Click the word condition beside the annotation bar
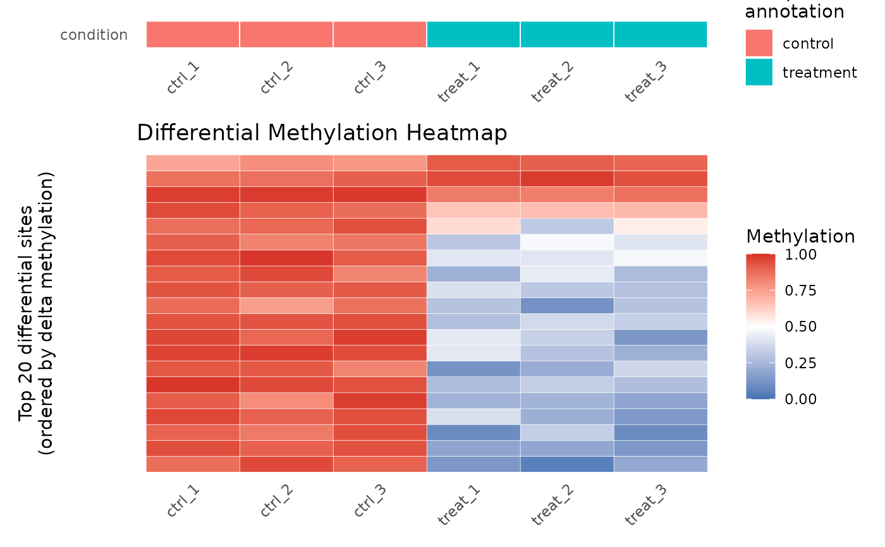(94, 35)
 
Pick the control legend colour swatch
(759, 43)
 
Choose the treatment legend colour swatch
(759, 72)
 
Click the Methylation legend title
(800, 236)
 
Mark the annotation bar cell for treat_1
(473, 34)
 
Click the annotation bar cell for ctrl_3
(380, 34)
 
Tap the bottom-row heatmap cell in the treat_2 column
(567, 464)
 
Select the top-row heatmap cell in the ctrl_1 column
(193, 163)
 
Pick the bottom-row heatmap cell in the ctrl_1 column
(193, 464)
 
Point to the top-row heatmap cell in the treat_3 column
(661, 163)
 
